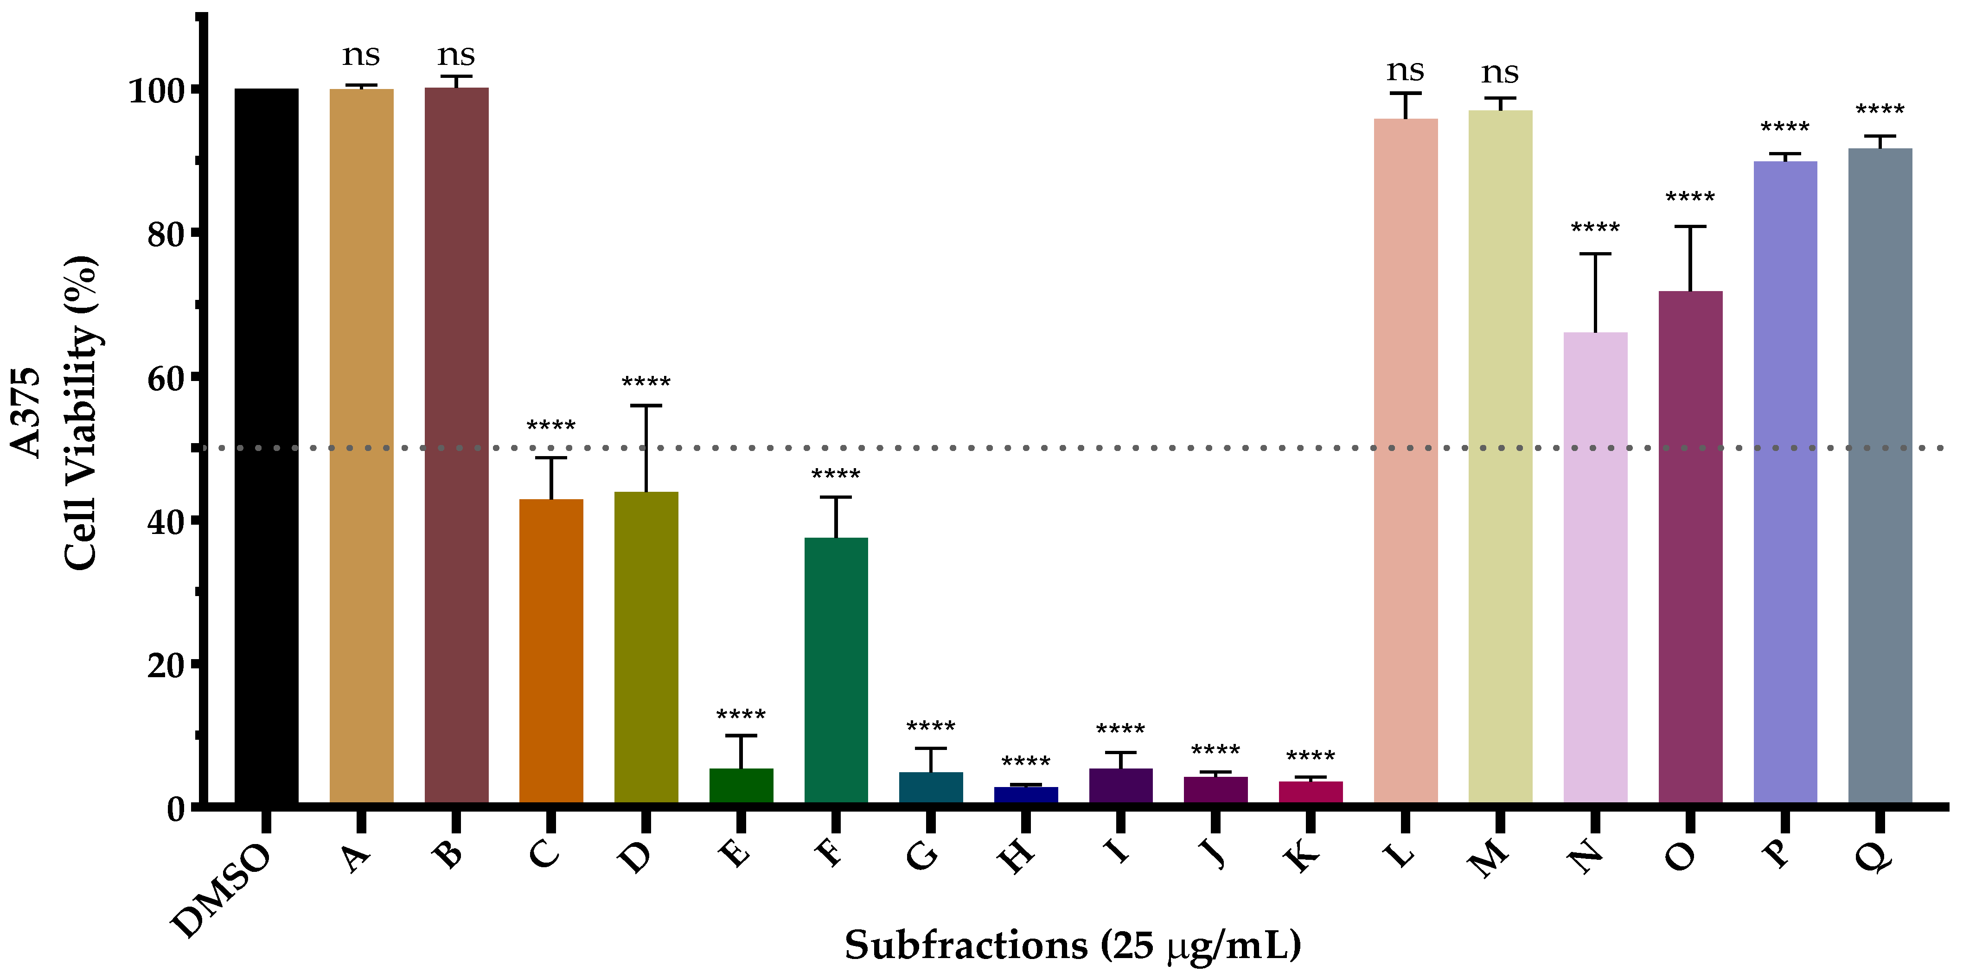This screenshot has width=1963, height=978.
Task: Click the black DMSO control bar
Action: [266, 445]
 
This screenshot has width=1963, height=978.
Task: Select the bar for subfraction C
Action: [551, 651]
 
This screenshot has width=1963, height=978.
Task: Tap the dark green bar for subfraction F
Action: [836, 670]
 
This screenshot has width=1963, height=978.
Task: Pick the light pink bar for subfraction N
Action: [1595, 567]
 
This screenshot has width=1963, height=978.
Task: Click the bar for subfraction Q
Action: [1880, 476]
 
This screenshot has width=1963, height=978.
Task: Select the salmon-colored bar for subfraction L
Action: [1405, 461]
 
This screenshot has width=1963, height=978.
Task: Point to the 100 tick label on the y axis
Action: [156, 91]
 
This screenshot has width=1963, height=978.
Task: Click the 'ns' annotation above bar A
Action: [361, 55]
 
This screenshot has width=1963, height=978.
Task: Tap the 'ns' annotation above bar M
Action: [1500, 73]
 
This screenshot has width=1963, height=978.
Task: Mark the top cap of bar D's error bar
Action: [646, 406]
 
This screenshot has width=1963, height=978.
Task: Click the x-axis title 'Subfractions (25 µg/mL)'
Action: [1072, 945]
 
